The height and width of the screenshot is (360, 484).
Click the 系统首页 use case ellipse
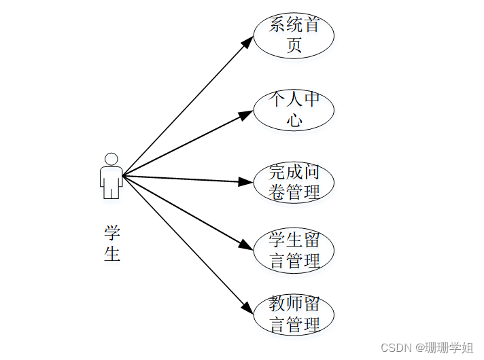(x=294, y=35)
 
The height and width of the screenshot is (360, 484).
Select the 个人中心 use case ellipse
(x=294, y=109)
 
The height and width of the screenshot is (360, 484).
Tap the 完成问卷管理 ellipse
(x=294, y=181)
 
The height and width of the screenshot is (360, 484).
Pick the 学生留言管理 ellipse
(x=294, y=250)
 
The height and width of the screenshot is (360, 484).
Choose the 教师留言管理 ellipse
(x=294, y=314)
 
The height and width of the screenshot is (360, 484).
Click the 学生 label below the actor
(x=112, y=243)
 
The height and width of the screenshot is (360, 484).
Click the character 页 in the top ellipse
(x=294, y=46)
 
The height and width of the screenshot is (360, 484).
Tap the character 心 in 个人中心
(x=294, y=120)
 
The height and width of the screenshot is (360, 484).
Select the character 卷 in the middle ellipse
(x=278, y=192)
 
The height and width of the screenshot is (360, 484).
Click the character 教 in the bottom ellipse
(x=277, y=303)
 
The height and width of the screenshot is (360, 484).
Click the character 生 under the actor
(x=112, y=254)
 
